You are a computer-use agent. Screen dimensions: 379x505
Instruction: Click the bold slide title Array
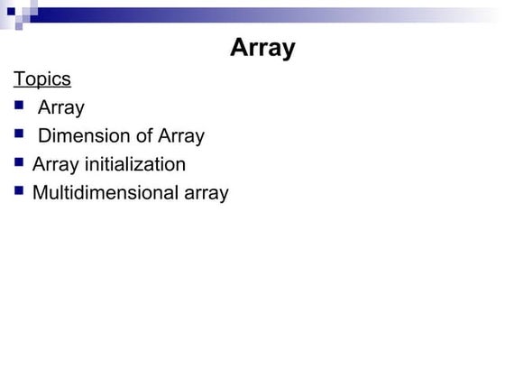tap(262, 48)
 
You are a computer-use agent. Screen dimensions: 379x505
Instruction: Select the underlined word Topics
tap(42, 79)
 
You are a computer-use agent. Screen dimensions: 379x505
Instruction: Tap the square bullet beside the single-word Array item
tap(20, 106)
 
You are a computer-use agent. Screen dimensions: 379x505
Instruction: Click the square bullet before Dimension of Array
tap(20, 135)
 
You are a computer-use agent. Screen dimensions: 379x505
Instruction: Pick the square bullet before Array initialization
tap(20, 163)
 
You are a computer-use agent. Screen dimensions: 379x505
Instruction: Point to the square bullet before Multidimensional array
tap(20, 191)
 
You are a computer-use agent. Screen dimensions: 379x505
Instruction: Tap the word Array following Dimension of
tap(181, 136)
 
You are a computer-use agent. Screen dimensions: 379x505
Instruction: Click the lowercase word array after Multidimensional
tap(204, 193)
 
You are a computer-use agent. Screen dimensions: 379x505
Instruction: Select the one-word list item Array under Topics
tap(61, 108)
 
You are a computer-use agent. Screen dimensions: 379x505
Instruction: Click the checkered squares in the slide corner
tap(19, 13)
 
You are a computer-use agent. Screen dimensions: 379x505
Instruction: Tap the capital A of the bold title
tap(239, 48)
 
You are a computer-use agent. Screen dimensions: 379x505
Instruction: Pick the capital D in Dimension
tap(44, 136)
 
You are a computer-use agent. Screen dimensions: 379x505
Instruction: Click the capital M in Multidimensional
tap(40, 192)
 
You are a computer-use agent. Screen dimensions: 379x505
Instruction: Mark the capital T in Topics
tap(19, 79)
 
